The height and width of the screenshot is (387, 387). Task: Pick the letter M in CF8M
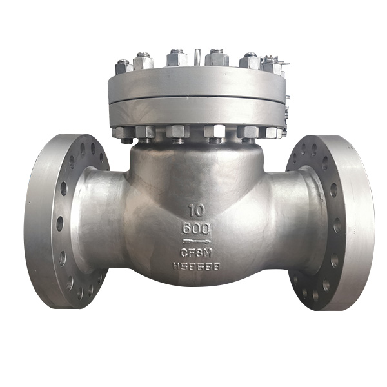click(x=206, y=252)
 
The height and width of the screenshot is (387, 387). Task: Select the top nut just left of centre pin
click(x=177, y=59)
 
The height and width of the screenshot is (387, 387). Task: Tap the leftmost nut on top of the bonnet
click(x=124, y=66)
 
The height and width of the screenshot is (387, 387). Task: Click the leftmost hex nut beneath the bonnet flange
click(x=123, y=134)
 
